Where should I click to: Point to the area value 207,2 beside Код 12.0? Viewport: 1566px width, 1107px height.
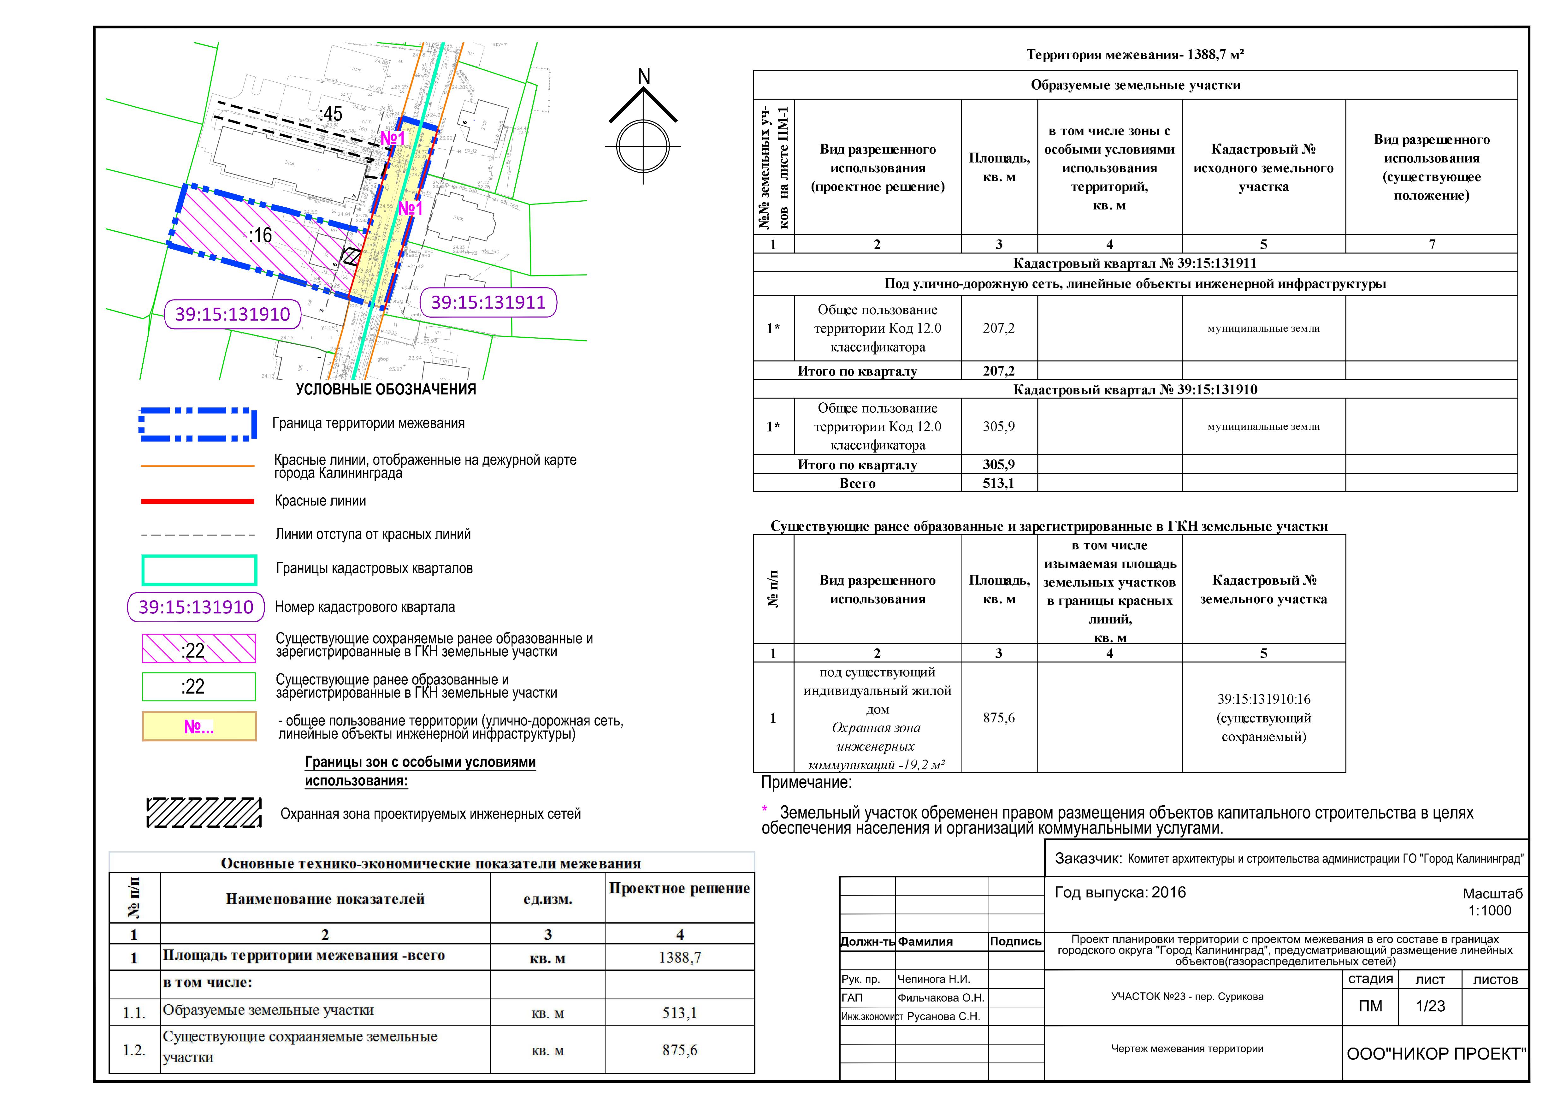pos(999,328)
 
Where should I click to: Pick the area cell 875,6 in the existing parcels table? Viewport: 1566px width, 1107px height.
pos(999,718)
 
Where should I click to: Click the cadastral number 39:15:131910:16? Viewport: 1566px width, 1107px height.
pos(1263,699)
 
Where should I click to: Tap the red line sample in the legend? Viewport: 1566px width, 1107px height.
pos(198,501)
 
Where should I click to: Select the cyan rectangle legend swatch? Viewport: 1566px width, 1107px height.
pos(199,570)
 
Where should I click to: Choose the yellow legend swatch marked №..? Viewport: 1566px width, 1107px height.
pos(199,726)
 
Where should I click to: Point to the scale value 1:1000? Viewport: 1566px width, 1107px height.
pos(1490,911)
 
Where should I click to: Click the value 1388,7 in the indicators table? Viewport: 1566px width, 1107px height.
pos(679,958)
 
